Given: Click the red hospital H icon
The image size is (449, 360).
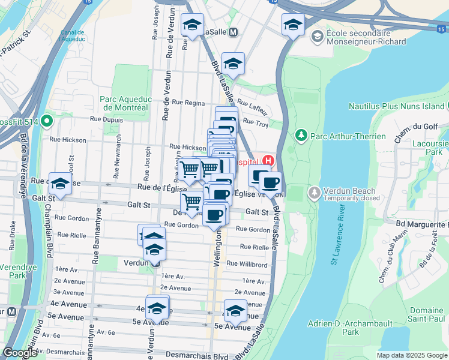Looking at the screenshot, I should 268,161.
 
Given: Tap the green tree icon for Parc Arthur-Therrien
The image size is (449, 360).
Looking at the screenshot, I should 302,136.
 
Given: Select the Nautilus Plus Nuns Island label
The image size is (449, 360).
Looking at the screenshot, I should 397,106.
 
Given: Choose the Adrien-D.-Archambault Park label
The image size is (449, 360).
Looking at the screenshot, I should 342,328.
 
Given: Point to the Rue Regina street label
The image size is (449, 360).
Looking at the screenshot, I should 188,103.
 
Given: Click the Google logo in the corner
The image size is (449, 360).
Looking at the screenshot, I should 20,353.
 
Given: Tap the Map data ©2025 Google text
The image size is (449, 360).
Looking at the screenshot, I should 412,355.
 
